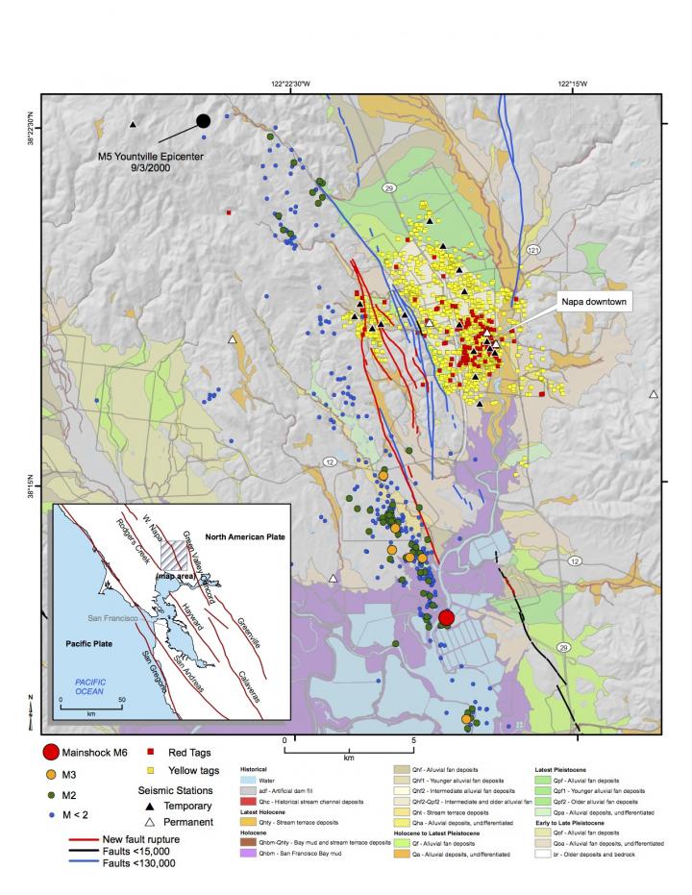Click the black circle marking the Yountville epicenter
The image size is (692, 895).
point(203,120)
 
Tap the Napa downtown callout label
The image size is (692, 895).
point(594,302)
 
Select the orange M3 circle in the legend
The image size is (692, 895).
point(52,773)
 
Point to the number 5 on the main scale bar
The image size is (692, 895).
point(413,741)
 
